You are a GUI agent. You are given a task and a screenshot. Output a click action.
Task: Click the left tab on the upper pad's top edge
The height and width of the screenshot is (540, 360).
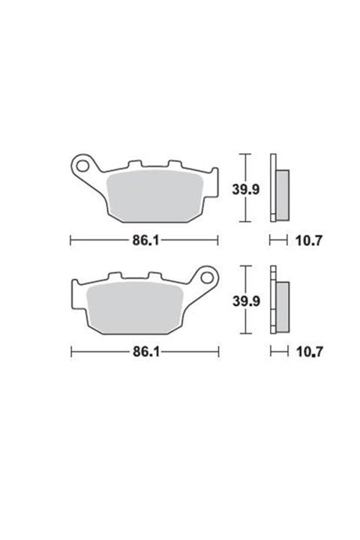[x=135, y=163]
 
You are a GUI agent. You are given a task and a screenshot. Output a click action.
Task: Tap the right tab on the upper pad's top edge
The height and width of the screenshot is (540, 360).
[x=175, y=163]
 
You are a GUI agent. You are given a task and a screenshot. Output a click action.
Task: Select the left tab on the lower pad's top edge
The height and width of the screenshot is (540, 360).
[x=115, y=277]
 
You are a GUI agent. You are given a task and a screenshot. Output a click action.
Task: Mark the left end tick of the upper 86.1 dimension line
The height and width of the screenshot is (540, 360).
[x=70, y=241]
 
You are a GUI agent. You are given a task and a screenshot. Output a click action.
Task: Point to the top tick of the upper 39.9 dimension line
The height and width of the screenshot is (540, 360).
[x=242, y=154]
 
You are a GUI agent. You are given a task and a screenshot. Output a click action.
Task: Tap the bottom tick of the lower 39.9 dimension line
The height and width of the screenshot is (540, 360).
[x=242, y=335]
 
